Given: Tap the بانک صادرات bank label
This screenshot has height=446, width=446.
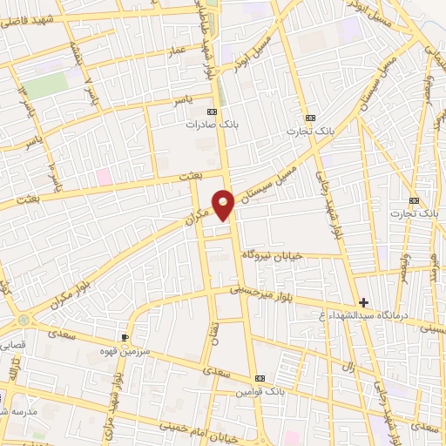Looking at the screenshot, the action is (x=210, y=125).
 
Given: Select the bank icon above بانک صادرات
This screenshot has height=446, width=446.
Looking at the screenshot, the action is (x=211, y=112).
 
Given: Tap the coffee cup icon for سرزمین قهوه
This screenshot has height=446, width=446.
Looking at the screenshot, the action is (x=125, y=335).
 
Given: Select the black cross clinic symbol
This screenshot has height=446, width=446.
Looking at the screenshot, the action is (x=363, y=301).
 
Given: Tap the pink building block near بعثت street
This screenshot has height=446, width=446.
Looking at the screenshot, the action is (x=105, y=176).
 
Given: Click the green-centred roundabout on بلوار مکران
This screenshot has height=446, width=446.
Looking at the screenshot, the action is (x=24, y=321).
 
